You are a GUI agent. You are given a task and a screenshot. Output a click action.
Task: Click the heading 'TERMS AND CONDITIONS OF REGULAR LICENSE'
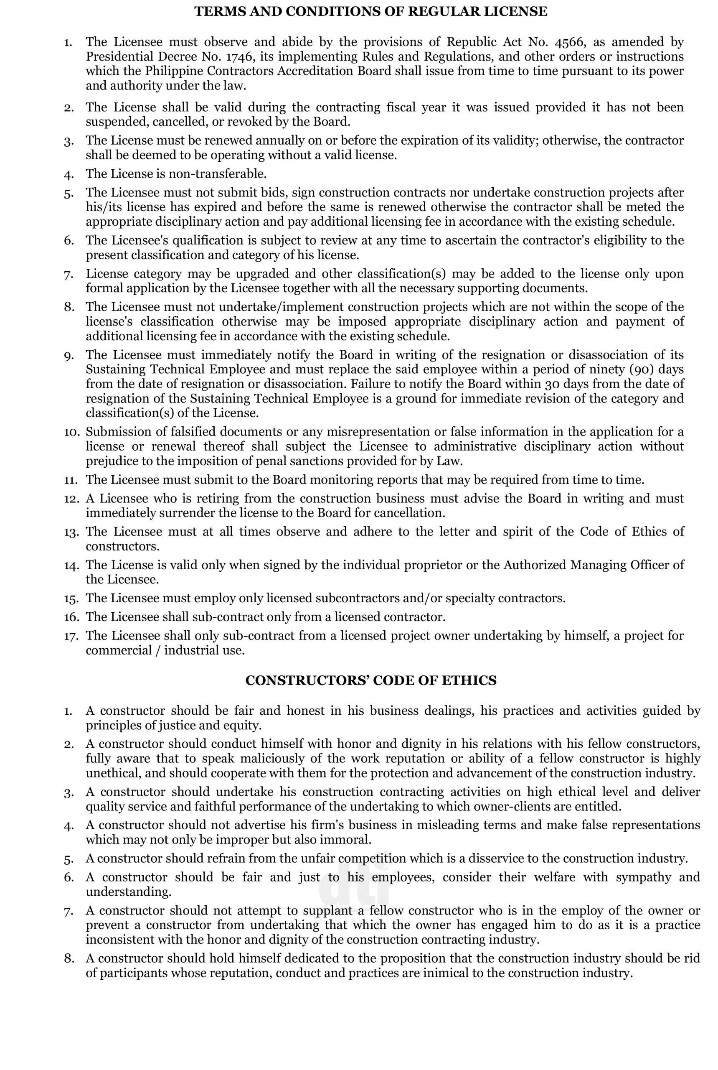tap(370, 11)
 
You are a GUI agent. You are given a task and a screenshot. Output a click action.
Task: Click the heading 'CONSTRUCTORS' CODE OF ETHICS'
tap(370, 680)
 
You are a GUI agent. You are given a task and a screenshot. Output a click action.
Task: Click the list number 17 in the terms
tap(71, 636)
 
